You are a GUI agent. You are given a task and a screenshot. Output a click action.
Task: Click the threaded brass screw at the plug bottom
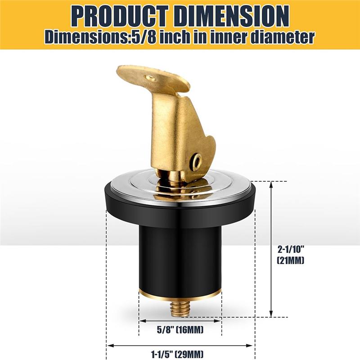tap(180, 307)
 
